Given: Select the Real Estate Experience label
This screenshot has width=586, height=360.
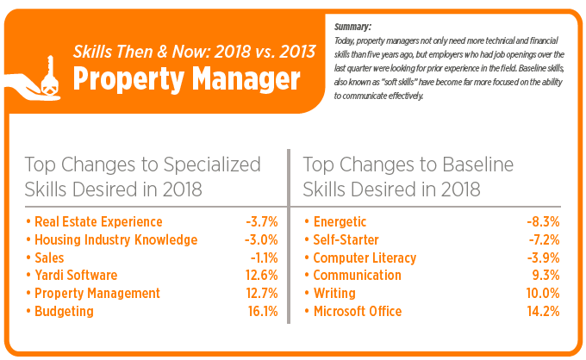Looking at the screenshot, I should [x=97, y=222].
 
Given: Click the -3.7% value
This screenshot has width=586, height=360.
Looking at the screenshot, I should [x=262, y=222].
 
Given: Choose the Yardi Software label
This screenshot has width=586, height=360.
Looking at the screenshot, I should [x=75, y=276].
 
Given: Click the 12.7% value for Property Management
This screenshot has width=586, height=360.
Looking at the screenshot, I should [x=262, y=294].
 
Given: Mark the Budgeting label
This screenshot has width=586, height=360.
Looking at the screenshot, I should [x=63, y=311].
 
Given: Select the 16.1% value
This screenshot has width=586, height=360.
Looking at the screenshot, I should [x=262, y=311].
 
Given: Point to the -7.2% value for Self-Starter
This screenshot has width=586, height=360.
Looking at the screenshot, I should [x=543, y=240].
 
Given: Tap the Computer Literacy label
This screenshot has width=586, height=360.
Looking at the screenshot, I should [x=364, y=258].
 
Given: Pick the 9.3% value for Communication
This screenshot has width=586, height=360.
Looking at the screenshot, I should [x=545, y=276].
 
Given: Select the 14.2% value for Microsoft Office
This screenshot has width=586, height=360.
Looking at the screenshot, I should [x=543, y=311].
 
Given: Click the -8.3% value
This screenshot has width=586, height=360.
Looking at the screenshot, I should [x=543, y=222].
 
